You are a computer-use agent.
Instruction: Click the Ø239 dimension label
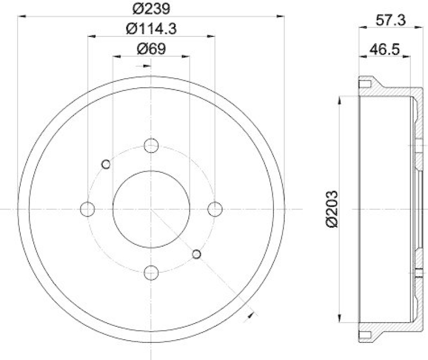[x=151, y=8]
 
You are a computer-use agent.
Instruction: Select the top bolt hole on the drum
[x=151, y=145]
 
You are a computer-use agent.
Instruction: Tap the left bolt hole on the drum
[x=87, y=209]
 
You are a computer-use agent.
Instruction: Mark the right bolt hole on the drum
[x=215, y=209]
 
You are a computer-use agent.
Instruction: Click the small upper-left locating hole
[x=106, y=164]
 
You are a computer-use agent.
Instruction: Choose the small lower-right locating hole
[x=196, y=254]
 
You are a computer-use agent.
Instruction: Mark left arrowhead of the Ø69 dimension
[x=116, y=56]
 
